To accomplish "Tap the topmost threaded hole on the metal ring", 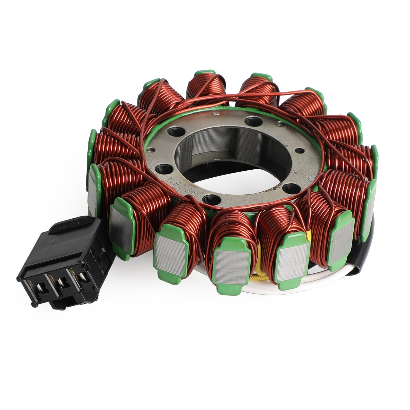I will (252, 120).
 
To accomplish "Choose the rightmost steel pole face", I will (372, 205).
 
